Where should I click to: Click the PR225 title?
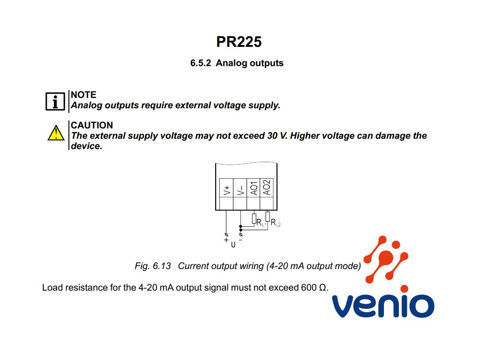[239, 42]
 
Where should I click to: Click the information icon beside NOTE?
[55, 101]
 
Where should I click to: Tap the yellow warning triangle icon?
[56, 133]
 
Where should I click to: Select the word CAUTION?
[92, 125]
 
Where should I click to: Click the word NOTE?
[83, 95]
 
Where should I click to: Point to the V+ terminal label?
[226, 189]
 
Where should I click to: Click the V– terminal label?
[240, 189]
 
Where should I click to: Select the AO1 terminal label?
[253, 187]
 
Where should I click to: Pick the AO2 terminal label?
[266, 187]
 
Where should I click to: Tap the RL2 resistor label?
[276, 223]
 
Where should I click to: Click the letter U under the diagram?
[233, 244]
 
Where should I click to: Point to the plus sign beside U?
[226, 240]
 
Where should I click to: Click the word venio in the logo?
[382, 305]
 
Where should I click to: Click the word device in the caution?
[85, 146]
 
